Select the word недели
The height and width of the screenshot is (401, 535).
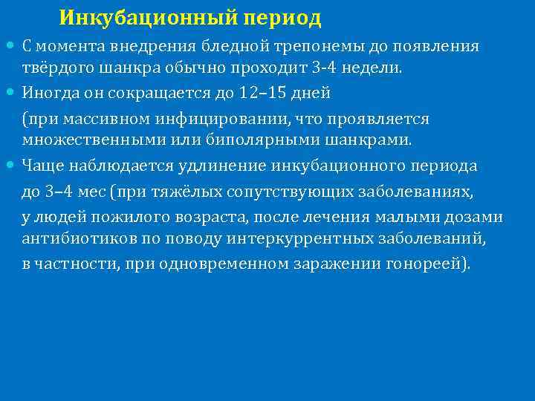coord(376,69)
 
